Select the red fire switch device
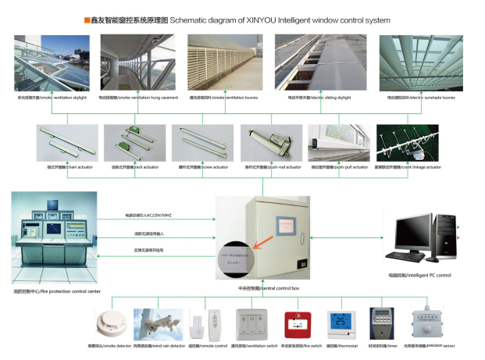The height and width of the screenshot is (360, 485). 294,322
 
